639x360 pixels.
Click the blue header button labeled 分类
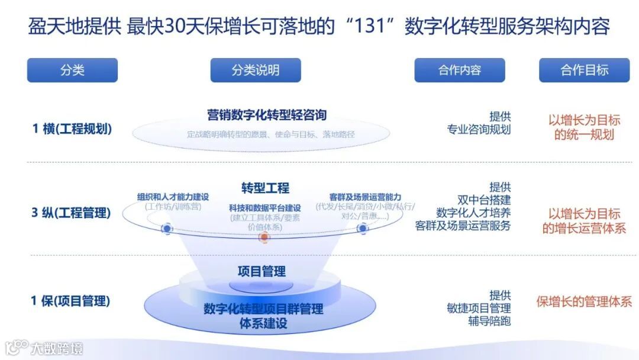click(x=72, y=70)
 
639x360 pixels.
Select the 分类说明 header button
click(x=255, y=70)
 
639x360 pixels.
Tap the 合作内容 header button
click(x=459, y=70)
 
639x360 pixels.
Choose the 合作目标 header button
click(x=584, y=70)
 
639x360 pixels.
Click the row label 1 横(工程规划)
click(x=72, y=128)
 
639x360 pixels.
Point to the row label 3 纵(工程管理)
click(x=71, y=213)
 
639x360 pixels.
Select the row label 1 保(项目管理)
click(x=70, y=301)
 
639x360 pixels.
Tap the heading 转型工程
click(x=265, y=188)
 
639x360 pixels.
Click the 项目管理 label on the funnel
click(x=262, y=272)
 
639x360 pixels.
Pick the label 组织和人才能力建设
click(x=173, y=197)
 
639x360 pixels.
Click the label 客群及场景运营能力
click(x=365, y=197)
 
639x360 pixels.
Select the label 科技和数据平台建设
click(x=265, y=208)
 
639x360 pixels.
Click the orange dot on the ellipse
click(x=264, y=237)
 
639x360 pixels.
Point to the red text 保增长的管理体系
click(x=584, y=301)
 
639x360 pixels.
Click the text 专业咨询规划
click(x=479, y=130)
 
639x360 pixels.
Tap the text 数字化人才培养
click(x=473, y=213)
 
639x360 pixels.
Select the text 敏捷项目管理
click(x=479, y=308)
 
